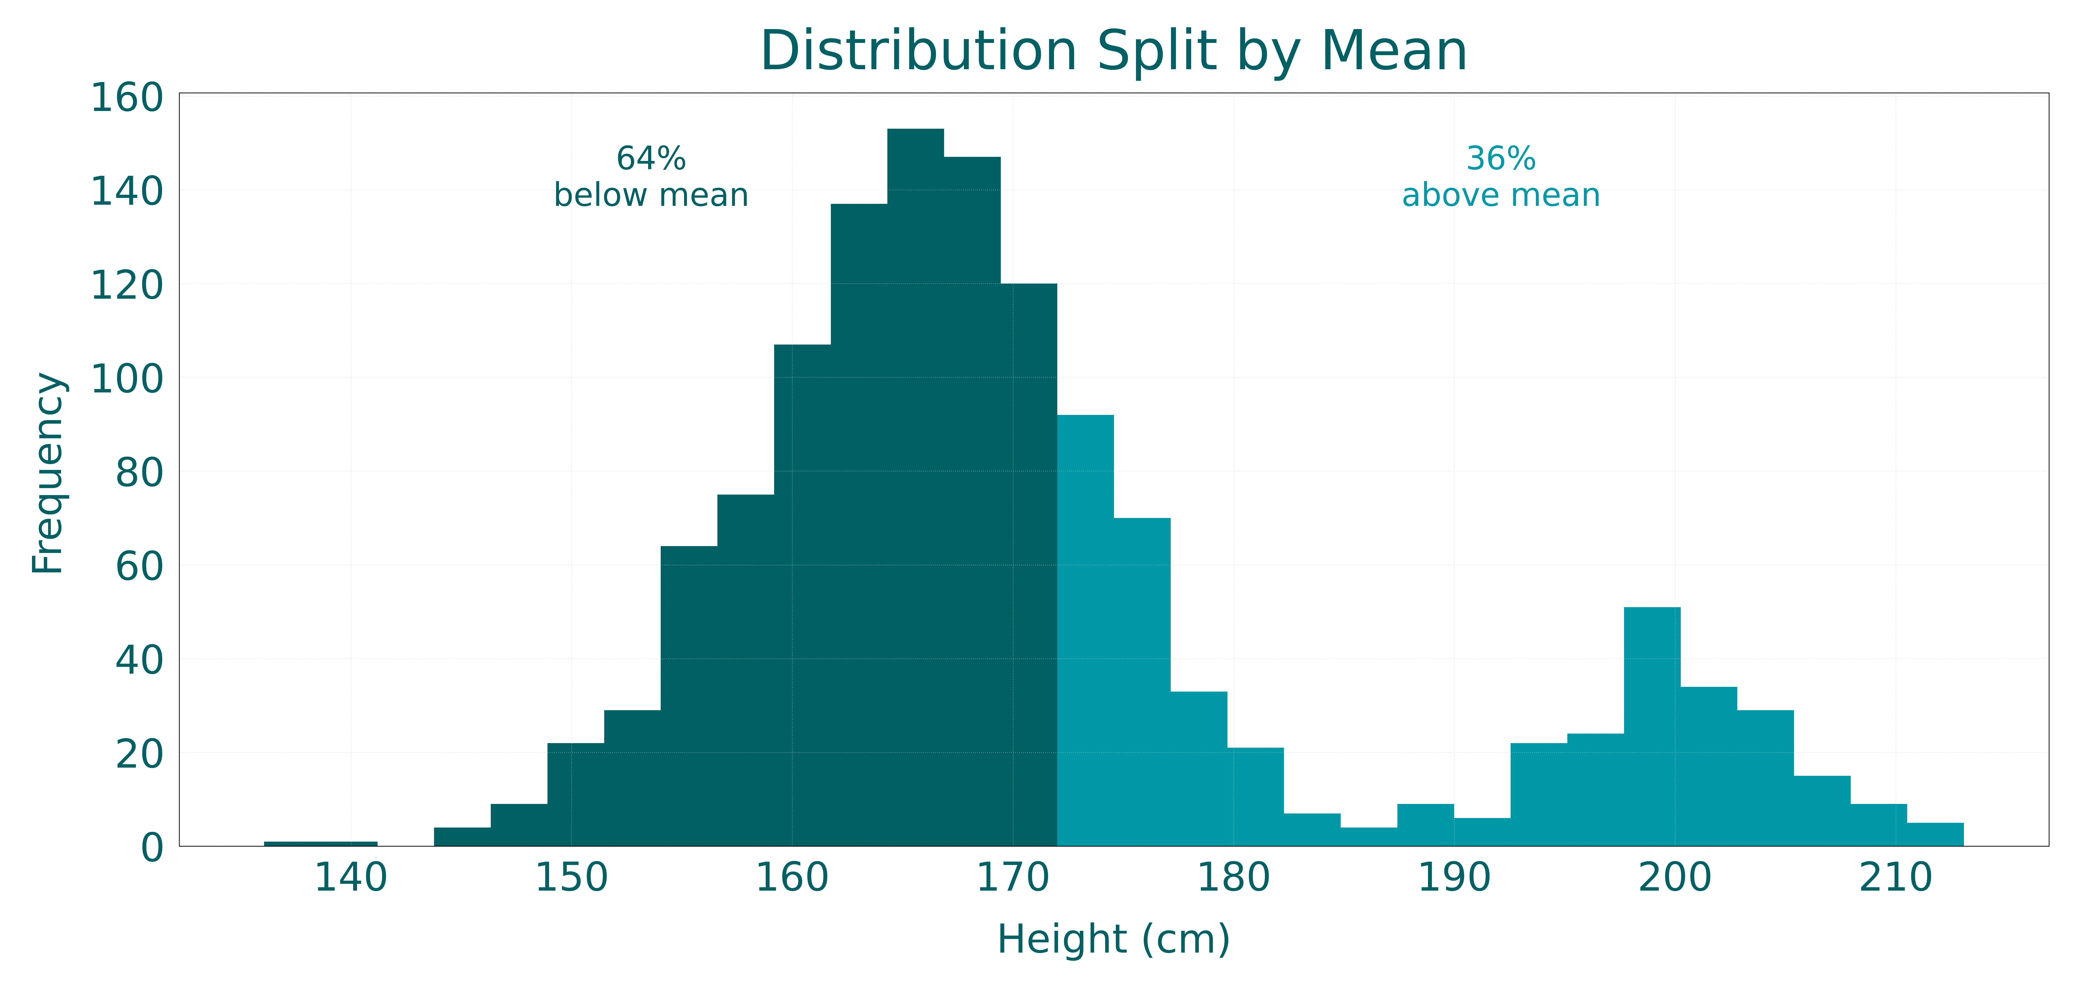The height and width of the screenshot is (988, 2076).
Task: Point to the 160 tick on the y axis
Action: click(x=127, y=98)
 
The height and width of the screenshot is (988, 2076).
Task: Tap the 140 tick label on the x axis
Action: click(x=351, y=878)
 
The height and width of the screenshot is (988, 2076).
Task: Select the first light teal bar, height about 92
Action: click(x=1086, y=628)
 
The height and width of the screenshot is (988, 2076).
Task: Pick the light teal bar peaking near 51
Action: click(x=1651, y=725)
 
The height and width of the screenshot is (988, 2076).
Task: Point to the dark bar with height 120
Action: click(x=1029, y=564)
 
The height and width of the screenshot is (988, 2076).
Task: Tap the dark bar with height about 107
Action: click(x=801, y=596)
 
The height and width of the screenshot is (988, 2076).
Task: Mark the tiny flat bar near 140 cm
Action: click(x=320, y=843)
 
